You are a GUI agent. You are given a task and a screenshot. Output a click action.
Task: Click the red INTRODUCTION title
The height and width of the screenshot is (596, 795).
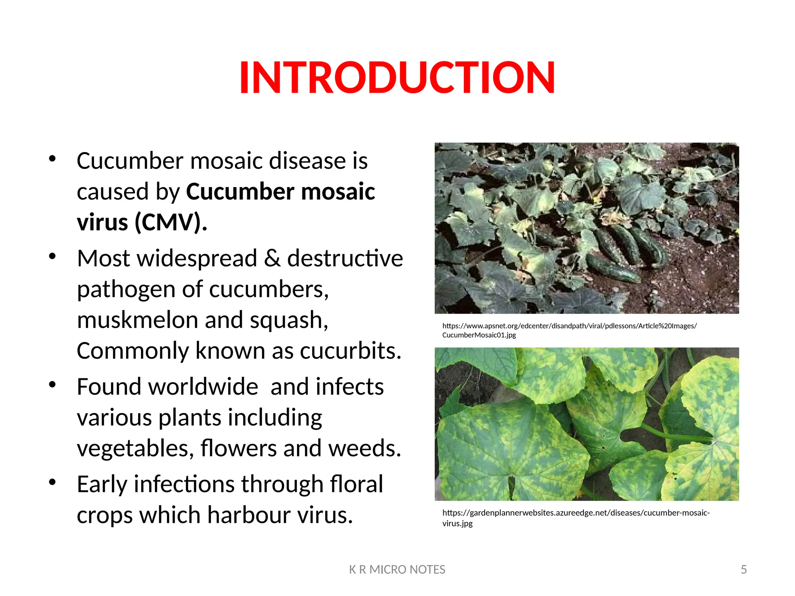coord(397,78)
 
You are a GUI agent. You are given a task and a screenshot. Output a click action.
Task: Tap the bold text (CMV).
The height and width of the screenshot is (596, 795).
coord(171,223)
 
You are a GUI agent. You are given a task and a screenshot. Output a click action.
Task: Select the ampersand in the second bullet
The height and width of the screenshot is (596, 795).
coord(272,258)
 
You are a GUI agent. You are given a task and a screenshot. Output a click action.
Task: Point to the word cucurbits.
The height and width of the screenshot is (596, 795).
coord(350,351)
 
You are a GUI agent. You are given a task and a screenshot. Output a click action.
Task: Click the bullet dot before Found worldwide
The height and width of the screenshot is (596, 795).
coord(52,385)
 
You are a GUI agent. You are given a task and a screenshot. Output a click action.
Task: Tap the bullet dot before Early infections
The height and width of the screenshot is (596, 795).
coord(52,482)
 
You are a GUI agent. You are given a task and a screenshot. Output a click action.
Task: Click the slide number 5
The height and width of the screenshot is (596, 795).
coord(743,570)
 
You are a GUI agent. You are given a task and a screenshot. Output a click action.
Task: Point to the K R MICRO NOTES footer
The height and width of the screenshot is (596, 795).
coord(397,570)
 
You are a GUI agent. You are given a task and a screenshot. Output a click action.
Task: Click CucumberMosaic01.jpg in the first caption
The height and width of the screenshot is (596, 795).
coord(479,335)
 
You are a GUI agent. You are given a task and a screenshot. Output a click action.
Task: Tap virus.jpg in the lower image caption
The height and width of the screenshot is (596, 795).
coord(457,523)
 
